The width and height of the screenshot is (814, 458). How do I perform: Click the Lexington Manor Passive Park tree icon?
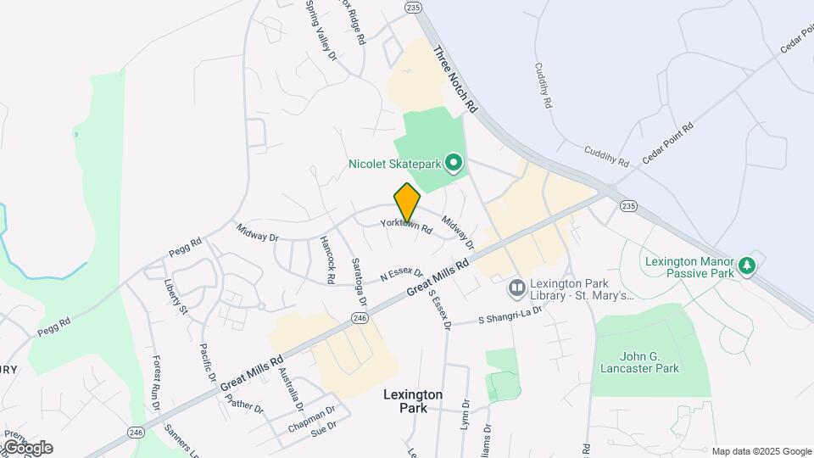tap(747, 265)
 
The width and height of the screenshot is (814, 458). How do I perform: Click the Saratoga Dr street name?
tap(359, 282)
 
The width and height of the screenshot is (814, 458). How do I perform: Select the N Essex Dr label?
tap(402, 273)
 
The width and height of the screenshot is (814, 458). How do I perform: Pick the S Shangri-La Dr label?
tap(510, 316)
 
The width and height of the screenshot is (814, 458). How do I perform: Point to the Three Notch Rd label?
tap(456, 80)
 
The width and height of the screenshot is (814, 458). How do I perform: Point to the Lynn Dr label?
tap(465, 416)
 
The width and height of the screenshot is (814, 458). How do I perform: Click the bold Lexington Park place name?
tap(413, 401)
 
